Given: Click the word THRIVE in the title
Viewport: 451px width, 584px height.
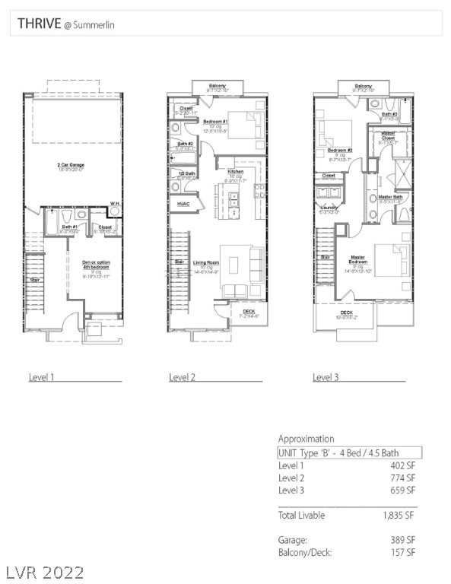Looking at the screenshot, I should [39, 24].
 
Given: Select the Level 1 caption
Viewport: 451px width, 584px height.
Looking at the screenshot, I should [43, 376].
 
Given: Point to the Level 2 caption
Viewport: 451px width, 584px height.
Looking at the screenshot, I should [183, 376].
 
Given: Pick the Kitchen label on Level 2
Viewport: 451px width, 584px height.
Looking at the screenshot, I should [236, 172].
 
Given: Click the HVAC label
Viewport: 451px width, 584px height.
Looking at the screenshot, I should [183, 204].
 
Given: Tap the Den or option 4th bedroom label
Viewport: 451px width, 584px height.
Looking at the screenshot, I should [96, 265].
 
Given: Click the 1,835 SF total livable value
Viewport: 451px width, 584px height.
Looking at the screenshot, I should [399, 516].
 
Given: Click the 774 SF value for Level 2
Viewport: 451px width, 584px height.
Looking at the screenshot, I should [402, 478].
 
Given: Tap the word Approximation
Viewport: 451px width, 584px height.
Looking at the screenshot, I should [306, 439].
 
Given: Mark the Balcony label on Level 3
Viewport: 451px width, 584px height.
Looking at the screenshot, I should [364, 86].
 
